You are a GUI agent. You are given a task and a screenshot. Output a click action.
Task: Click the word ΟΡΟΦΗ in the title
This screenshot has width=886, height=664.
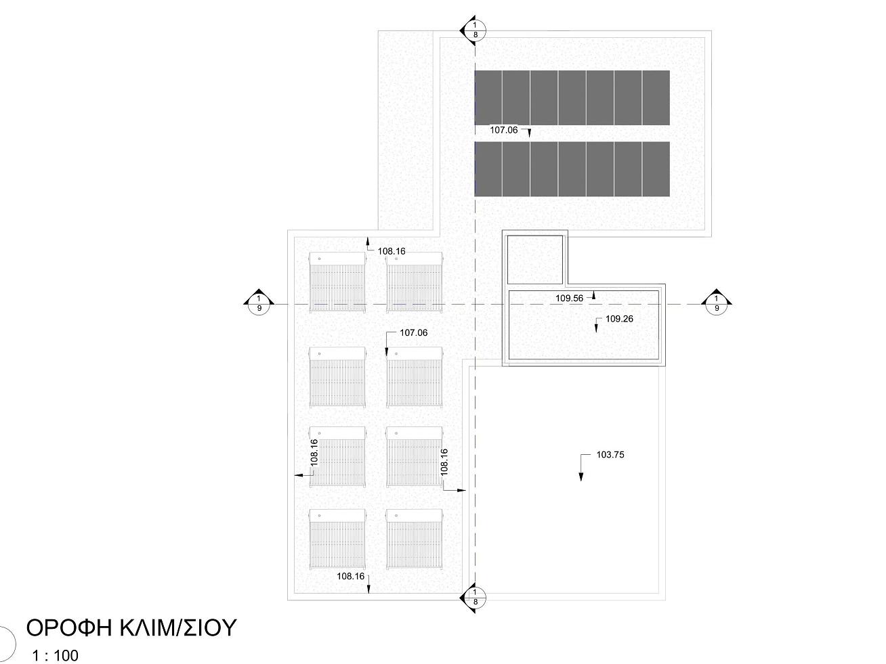[68, 627]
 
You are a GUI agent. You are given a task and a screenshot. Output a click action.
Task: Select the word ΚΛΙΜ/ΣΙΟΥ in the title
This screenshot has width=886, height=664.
[178, 627]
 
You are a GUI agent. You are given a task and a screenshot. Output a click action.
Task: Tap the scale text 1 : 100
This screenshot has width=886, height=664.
[56, 655]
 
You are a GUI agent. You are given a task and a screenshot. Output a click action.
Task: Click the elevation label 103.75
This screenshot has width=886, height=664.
[610, 455]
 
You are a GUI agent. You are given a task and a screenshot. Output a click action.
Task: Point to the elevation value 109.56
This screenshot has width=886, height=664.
[569, 298]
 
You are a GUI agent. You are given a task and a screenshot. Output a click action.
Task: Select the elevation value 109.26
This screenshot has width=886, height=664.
[619, 319]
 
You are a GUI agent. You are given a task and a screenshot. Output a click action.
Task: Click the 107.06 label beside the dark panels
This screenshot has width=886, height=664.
[503, 130]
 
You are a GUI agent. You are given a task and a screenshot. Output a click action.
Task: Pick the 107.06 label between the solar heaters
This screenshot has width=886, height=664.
[413, 332]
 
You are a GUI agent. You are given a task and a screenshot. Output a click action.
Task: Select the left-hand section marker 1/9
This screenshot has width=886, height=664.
[259, 303]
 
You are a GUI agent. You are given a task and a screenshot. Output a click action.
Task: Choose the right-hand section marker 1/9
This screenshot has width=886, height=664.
[717, 303]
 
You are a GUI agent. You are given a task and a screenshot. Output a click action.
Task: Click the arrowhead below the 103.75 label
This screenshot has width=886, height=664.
[581, 477]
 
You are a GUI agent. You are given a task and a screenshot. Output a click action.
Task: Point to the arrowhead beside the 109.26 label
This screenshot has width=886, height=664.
[596, 328]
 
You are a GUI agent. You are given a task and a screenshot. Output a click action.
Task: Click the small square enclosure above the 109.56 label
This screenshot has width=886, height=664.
[535, 260]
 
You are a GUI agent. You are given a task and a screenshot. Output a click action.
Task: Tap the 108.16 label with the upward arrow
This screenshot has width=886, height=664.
[391, 251]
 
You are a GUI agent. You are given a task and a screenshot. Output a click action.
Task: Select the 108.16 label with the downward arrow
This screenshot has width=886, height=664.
[350, 577]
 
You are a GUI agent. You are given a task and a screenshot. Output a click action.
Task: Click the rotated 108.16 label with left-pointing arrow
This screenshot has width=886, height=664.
[314, 453]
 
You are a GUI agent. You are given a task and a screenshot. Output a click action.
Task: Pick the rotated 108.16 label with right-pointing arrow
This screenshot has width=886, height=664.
[444, 462]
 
